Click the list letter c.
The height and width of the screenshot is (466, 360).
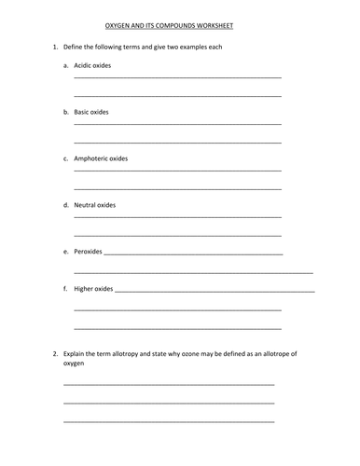click(65, 158)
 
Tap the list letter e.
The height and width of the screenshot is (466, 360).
click(65, 251)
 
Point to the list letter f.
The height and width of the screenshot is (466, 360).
click(65, 289)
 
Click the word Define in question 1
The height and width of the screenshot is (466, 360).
click(73, 47)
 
